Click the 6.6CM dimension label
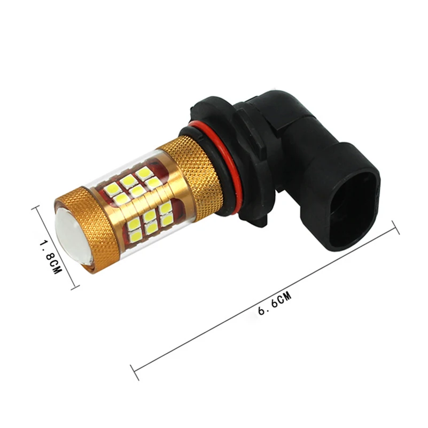coord(275,304)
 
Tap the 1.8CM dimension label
coord(51,257)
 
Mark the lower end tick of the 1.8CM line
coord(75,286)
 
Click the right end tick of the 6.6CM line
coord(395,227)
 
